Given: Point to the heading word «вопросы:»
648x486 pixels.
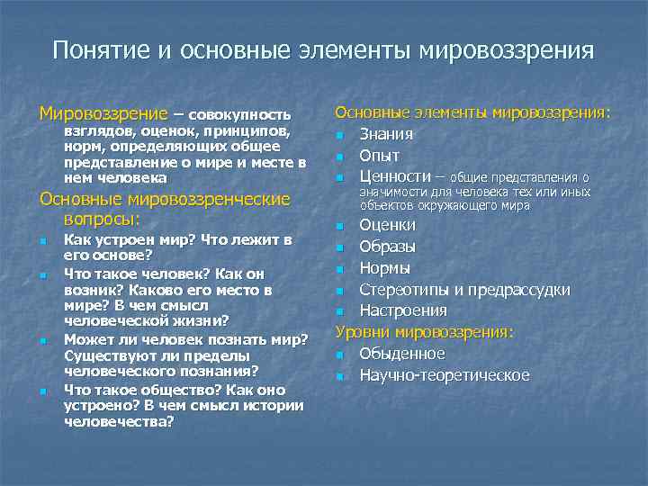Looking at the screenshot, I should (x=101, y=219).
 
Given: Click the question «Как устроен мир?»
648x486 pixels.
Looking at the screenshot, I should (x=130, y=240).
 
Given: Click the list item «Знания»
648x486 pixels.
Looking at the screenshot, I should (x=386, y=134).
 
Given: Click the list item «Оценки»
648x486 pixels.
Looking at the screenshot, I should (x=387, y=224).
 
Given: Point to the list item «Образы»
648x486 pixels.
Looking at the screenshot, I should (x=387, y=246).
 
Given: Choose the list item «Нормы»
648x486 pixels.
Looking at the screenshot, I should (x=384, y=267).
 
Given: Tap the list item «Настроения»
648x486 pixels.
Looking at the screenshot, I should (x=402, y=310).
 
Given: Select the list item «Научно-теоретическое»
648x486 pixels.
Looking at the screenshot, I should (x=444, y=375).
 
